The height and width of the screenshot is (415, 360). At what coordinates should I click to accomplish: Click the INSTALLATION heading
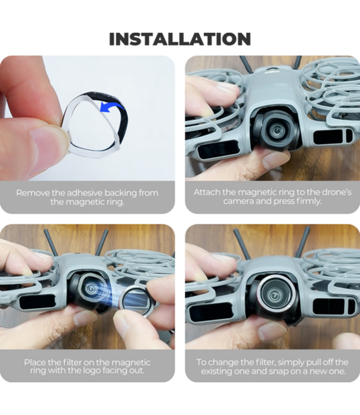coord(180,39)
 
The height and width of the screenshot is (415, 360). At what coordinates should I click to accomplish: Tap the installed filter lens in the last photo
coord(275,294)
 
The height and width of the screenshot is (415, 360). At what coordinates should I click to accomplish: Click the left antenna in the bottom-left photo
coord(51,242)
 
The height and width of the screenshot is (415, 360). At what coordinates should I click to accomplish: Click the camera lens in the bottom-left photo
coord(91,289)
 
